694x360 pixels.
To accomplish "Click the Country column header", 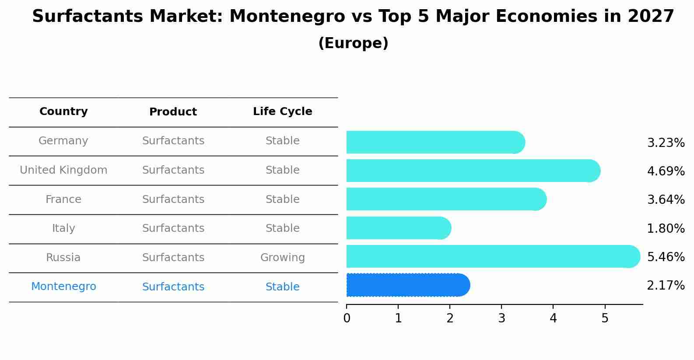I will coord(63,112).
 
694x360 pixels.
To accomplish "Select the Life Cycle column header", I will coord(282,112).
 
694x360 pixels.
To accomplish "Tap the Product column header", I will coord(173,112).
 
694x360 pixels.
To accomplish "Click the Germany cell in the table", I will coord(63,141).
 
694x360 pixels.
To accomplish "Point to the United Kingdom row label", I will coord(63,170).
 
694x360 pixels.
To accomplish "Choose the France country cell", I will coord(63,199).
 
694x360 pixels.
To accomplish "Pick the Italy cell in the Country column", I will coord(63,228).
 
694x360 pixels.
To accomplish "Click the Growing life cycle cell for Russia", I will coord(282,258).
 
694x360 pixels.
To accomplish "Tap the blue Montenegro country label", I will coord(63,287).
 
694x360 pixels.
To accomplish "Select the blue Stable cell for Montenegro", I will coord(282,287).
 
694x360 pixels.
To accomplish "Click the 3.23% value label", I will coord(666,143).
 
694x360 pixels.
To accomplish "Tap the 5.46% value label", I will coord(666,257).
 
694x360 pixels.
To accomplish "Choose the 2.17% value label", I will coord(666,286).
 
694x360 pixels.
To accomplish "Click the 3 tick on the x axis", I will coord(501,318).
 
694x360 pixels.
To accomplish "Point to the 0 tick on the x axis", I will coord(347,318).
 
